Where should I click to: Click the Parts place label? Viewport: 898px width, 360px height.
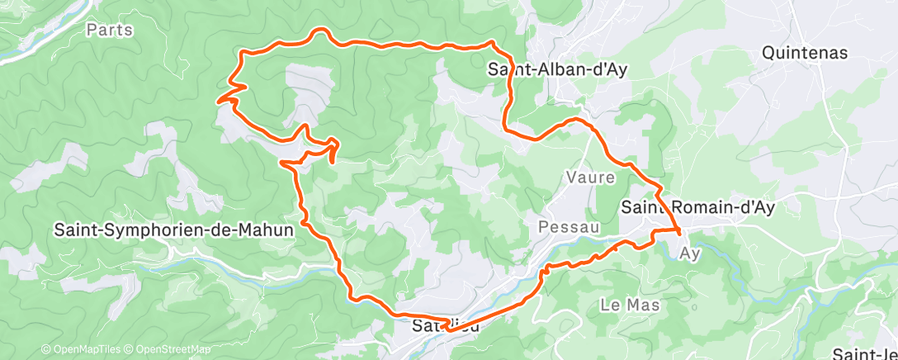point(104,30)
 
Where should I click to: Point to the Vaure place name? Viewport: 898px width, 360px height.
point(589,177)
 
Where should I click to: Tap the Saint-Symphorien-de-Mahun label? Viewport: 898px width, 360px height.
point(173,230)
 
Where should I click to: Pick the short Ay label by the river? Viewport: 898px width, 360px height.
point(690,254)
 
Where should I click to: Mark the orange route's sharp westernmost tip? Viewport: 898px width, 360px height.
point(219,101)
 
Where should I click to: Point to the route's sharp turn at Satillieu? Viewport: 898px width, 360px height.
point(446,329)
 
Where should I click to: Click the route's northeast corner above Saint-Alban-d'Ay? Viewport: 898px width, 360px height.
point(492,41)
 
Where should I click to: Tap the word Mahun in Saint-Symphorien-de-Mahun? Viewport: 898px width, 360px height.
point(267,230)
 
